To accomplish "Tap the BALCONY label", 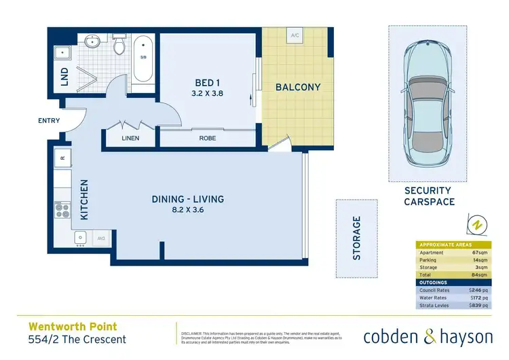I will (x=297, y=88).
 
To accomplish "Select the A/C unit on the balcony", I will (x=295, y=35).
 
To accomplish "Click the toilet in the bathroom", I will (x=119, y=45).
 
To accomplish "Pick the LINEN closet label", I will (x=130, y=139).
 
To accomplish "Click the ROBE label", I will (x=208, y=139).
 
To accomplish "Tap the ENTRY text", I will (x=49, y=121).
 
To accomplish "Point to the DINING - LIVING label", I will (x=187, y=199).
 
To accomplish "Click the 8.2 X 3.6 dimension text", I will (x=187, y=211).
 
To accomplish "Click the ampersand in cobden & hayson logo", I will (x=415, y=336).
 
